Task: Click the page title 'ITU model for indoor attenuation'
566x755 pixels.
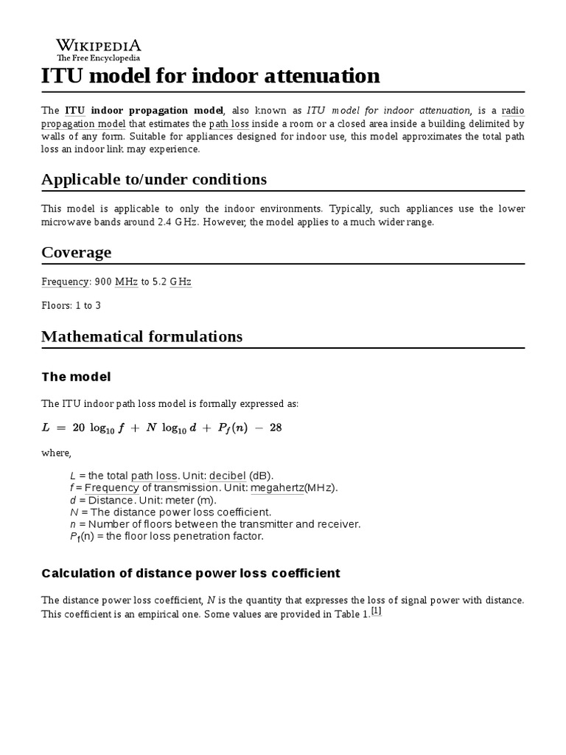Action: tap(211, 75)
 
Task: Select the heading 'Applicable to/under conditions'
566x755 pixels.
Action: tap(154, 179)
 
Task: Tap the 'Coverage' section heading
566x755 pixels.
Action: tap(77, 252)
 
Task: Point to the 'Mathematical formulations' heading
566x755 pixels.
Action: tap(141, 336)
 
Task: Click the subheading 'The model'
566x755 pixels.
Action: tap(76, 377)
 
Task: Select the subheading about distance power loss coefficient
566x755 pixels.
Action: tap(191, 573)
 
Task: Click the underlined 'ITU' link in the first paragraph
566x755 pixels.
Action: tap(74, 111)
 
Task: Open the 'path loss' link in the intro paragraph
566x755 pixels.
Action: tap(230, 124)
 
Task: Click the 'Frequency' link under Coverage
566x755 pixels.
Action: tap(64, 282)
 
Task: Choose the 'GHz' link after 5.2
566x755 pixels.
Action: tap(181, 282)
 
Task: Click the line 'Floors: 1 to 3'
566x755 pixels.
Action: tap(71, 305)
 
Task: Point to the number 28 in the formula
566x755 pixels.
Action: tap(276, 428)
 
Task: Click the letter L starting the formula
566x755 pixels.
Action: tap(46, 428)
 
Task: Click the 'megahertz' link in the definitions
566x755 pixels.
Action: tap(277, 488)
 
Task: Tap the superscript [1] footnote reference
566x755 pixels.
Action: tap(376, 611)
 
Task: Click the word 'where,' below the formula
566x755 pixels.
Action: tap(56, 453)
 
